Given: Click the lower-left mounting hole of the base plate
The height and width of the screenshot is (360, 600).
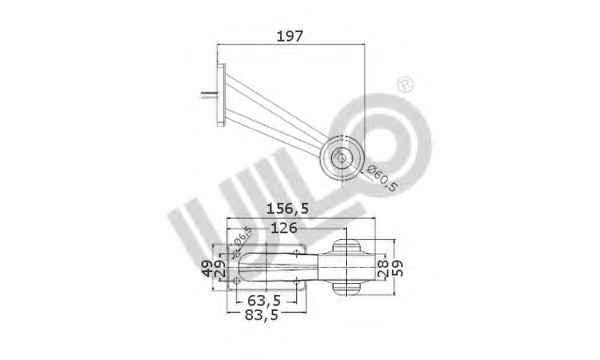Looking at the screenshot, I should pos(235,280).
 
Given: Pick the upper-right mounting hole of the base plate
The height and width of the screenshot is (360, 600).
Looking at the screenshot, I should pos(296,252).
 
